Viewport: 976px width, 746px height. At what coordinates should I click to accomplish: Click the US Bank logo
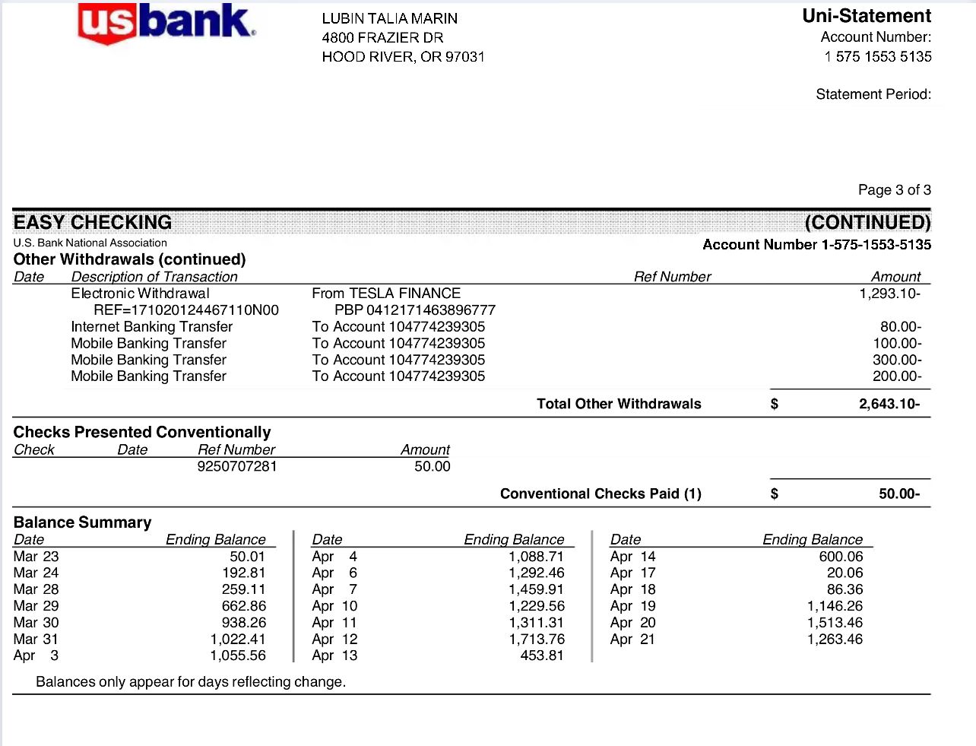pos(166,23)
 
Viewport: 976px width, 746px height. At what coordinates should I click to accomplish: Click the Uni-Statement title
pos(866,16)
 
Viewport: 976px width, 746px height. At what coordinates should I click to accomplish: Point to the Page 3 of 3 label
pos(894,190)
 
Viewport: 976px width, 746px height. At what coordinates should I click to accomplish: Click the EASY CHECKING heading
pos(93,223)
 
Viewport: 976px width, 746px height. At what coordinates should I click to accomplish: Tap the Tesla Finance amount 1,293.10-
pos(889,294)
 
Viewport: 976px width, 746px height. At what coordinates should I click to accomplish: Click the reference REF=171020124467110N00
pos(186,310)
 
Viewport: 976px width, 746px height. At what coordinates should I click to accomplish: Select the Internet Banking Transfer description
pos(152,327)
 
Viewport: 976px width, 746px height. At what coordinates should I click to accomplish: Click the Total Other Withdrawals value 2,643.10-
pos(889,404)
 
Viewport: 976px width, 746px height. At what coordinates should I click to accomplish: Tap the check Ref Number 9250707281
pos(237,466)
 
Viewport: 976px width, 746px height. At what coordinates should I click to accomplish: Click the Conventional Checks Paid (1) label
pos(600,494)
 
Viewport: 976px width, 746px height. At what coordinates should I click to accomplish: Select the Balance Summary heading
pos(82,522)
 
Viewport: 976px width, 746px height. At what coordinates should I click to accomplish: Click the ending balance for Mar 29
pos(244,606)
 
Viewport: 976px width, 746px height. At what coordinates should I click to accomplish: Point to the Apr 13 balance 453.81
pos(541,656)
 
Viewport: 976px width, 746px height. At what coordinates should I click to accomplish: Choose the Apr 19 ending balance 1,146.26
pos(835,606)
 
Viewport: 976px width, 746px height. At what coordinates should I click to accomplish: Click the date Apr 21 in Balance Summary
pos(632,640)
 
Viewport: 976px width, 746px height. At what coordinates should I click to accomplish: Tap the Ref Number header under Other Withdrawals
pos(672,277)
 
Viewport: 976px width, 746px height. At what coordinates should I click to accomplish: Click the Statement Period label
pos(873,94)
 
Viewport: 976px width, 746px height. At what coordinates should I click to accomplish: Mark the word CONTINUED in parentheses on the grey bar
pos(867,223)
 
